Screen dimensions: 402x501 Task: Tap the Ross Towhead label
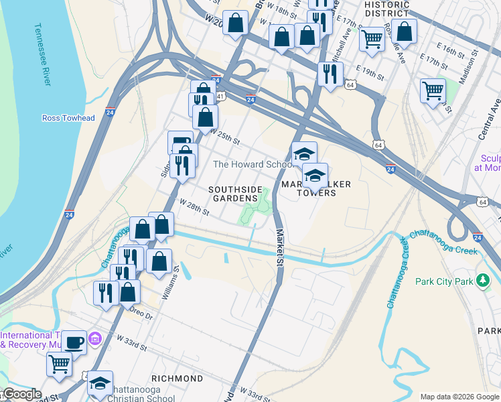click(x=68, y=118)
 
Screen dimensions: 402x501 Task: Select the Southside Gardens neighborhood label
click(x=235, y=194)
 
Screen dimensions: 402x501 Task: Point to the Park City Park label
click(x=443, y=281)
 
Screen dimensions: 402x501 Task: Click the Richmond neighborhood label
click(x=177, y=379)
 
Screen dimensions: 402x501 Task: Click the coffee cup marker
click(x=74, y=342)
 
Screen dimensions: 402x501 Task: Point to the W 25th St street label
click(x=224, y=137)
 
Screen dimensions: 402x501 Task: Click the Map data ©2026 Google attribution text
click(x=459, y=397)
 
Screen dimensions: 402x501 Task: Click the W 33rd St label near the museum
click(x=130, y=345)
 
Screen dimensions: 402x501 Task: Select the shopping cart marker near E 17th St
click(x=433, y=90)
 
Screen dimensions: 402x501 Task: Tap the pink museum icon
click(x=95, y=341)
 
